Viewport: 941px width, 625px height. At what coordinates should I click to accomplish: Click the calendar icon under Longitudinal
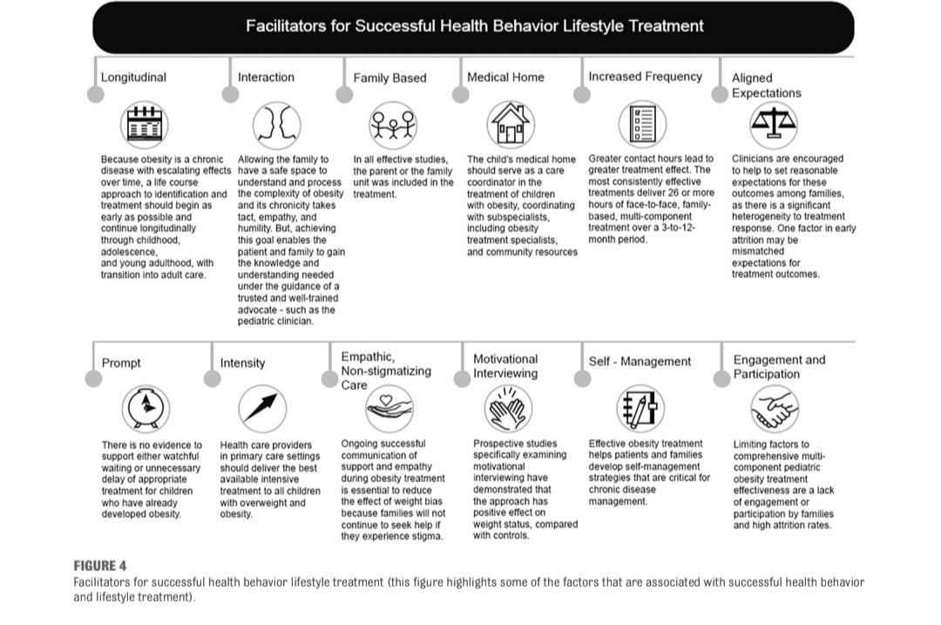(x=145, y=125)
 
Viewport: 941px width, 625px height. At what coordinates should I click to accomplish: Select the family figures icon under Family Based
(x=393, y=125)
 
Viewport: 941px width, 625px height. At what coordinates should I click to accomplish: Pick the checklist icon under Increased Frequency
(x=642, y=124)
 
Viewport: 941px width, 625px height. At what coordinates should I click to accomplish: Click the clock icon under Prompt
(x=145, y=407)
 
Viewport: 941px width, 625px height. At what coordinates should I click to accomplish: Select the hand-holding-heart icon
(x=389, y=407)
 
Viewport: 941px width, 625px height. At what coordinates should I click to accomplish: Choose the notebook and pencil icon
(x=640, y=407)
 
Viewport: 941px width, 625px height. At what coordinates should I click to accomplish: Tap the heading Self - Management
(x=640, y=362)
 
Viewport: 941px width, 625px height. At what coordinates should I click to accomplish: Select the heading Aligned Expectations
(x=767, y=85)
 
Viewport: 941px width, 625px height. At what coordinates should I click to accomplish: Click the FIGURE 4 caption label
(x=100, y=566)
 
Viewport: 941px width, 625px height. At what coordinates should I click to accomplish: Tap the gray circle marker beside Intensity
(x=212, y=377)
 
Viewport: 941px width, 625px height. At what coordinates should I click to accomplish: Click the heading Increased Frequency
(x=645, y=77)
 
